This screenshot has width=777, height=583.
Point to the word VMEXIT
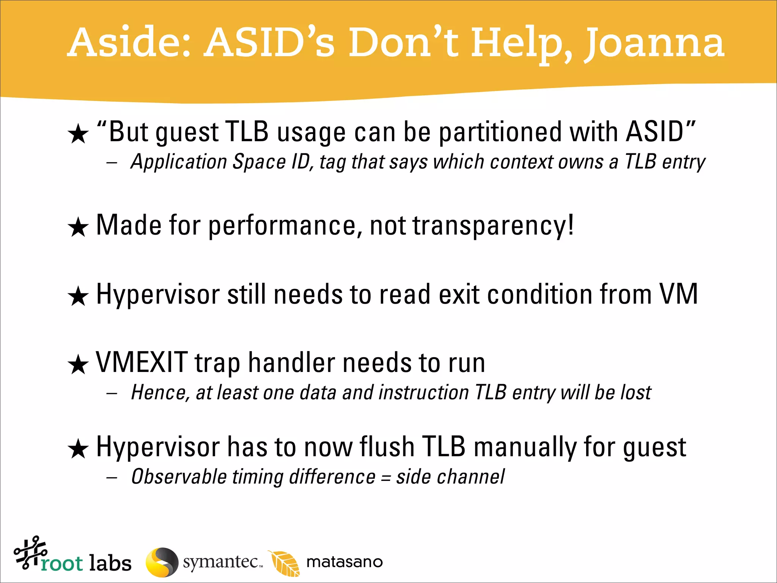(x=142, y=362)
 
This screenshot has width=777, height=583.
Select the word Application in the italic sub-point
(x=179, y=162)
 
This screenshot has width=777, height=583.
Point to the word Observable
(x=179, y=477)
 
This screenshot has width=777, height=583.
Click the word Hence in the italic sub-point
(x=160, y=393)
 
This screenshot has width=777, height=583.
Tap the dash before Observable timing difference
(x=112, y=477)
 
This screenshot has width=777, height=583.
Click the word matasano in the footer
(x=344, y=562)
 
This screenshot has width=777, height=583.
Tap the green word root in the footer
(x=62, y=564)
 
